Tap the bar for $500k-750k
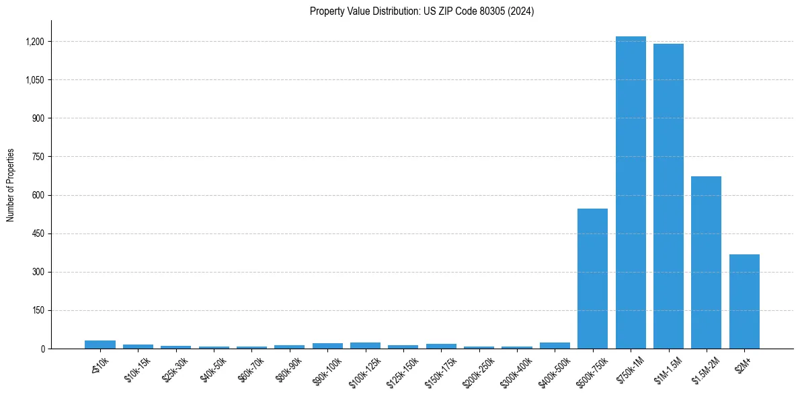pyautogui.click(x=592, y=279)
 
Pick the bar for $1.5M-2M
pyautogui.click(x=706, y=262)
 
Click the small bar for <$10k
pyautogui.click(x=100, y=345)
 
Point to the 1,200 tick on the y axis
pyautogui.click(x=34, y=42)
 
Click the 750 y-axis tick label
pyautogui.click(x=38, y=157)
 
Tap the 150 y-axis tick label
pyautogui.click(x=38, y=311)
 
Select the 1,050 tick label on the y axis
pyautogui.click(x=34, y=80)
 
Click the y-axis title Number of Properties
pyautogui.click(x=10, y=185)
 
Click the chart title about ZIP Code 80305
pyautogui.click(x=422, y=11)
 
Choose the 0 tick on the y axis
pyautogui.click(x=42, y=349)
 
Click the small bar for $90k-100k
pyautogui.click(x=327, y=346)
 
